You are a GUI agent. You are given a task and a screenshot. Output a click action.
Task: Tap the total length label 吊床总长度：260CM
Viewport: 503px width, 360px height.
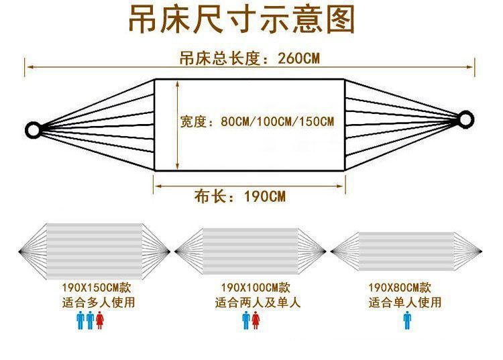(249, 58)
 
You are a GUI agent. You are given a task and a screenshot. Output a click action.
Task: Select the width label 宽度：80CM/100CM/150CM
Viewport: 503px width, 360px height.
(257, 122)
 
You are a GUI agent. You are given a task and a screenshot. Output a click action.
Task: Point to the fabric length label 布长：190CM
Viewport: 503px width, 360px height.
(240, 196)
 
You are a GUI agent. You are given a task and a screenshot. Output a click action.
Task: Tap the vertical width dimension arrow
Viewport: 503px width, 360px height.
(177, 125)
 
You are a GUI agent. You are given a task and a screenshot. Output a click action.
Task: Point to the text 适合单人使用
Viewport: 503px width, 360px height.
(405, 302)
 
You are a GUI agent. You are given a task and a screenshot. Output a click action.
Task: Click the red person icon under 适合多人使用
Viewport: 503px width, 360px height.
(100, 320)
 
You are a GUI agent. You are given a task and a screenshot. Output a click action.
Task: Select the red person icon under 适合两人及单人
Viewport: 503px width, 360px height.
(256, 320)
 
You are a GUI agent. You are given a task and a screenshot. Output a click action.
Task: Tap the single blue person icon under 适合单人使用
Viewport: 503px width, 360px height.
(406, 320)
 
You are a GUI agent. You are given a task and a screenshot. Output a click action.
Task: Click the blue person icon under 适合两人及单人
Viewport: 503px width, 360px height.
(245, 320)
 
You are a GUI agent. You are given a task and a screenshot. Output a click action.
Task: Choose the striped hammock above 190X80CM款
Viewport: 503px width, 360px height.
(406, 251)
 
